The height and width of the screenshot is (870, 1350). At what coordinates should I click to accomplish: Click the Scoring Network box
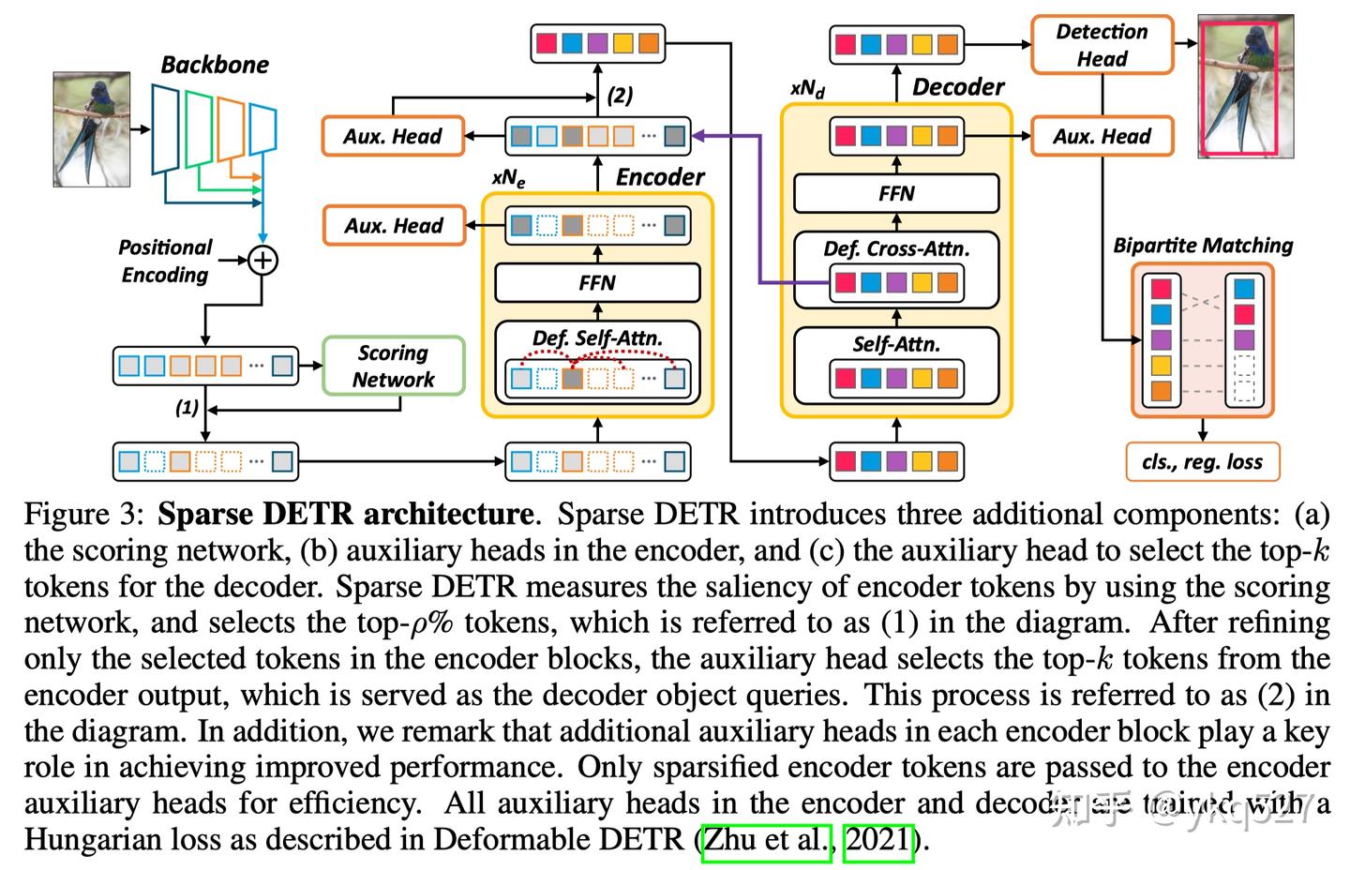[x=393, y=366]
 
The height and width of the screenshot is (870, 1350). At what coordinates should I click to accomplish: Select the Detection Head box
[x=1102, y=45]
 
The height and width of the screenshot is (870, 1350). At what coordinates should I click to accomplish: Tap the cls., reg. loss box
[x=1202, y=461]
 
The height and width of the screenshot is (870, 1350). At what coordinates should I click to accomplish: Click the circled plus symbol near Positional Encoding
[x=263, y=260]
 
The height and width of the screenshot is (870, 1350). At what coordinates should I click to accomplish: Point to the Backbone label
[x=214, y=65]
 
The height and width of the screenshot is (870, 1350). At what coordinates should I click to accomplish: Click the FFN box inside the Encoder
[x=596, y=282]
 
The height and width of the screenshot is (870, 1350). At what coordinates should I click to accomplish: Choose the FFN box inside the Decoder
[x=895, y=193]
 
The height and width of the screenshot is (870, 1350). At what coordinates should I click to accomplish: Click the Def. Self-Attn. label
[x=596, y=338]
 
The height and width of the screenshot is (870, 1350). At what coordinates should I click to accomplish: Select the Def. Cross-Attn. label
[x=895, y=249]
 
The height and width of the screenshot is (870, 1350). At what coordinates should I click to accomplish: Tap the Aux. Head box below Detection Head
[x=1102, y=136]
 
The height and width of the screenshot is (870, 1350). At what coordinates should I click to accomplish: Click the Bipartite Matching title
[x=1202, y=246]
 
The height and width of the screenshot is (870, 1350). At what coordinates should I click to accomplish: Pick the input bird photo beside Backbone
[x=91, y=129]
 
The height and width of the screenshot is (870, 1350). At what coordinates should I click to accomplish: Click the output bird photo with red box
[x=1246, y=86]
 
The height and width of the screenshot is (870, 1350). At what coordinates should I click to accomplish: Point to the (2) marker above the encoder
[x=620, y=96]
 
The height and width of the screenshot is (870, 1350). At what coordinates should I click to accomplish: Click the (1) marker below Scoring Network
[x=187, y=408]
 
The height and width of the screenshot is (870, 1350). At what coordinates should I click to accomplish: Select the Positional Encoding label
[x=165, y=261]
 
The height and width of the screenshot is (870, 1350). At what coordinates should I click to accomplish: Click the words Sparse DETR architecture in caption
[x=345, y=515]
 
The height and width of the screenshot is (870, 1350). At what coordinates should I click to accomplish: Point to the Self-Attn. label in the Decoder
[x=895, y=344]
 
